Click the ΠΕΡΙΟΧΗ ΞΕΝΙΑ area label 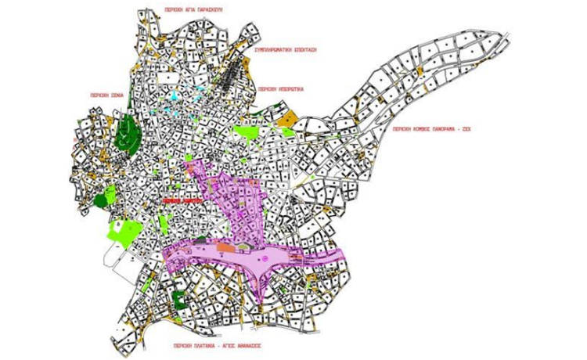[106, 96]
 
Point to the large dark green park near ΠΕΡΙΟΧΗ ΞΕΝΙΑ [128, 135]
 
